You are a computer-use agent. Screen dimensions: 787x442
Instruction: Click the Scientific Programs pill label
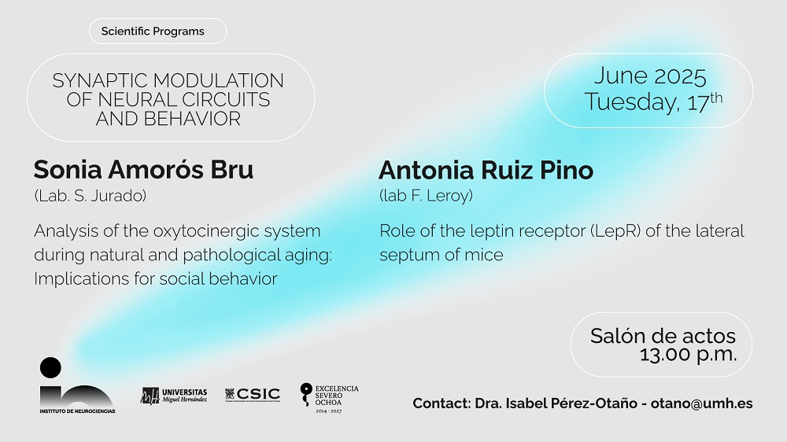153,31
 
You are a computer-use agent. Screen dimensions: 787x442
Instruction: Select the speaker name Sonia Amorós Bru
143,170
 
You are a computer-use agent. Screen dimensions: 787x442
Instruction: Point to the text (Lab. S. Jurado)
91,196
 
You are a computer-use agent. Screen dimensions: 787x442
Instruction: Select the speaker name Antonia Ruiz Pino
486,170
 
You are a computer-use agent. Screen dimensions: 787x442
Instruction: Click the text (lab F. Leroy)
426,196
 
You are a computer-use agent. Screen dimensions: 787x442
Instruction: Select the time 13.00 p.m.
688,355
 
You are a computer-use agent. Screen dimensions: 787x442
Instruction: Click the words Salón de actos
663,336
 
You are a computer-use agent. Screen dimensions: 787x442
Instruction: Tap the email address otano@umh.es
701,403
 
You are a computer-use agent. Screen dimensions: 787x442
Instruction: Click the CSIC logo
253,395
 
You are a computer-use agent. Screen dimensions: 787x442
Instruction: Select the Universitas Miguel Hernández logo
174,396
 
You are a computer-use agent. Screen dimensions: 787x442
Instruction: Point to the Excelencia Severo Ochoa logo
329,398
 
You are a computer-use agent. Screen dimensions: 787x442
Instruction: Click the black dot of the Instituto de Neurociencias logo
50,368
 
